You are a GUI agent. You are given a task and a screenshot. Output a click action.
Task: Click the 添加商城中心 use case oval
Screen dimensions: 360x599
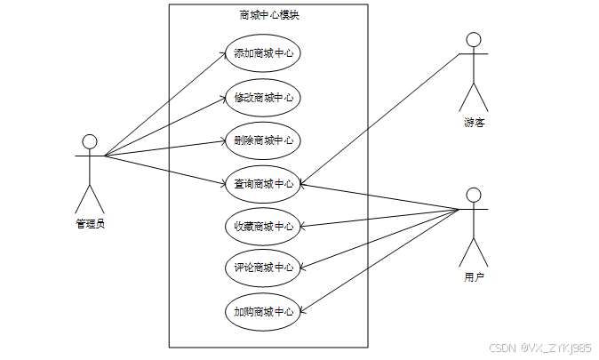click(262, 53)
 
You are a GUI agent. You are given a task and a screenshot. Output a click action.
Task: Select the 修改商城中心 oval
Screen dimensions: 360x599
click(262, 97)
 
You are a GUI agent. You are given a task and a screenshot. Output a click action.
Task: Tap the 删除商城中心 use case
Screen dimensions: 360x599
click(262, 140)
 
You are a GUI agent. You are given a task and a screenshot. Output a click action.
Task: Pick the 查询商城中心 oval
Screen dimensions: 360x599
click(262, 184)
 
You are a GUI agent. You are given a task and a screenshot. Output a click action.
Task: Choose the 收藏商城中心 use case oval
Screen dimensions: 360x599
click(262, 226)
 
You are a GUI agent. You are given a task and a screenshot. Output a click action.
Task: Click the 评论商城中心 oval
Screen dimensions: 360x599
click(262, 268)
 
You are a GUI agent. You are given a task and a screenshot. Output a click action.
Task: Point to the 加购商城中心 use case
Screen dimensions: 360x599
click(262, 311)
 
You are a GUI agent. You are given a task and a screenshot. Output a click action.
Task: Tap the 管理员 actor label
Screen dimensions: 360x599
click(90, 223)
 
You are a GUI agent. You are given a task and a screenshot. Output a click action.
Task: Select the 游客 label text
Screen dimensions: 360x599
click(474, 123)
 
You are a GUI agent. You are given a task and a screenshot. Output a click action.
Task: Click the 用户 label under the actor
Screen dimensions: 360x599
click(474, 277)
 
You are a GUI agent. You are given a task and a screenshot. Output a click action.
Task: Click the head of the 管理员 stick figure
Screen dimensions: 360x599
click(89, 141)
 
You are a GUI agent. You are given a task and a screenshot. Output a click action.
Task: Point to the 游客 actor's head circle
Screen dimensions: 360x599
click(474, 39)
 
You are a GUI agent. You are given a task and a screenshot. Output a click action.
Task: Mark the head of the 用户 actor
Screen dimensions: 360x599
click(474, 195)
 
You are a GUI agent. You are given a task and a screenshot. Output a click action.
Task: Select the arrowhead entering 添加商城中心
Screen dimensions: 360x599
click(223, 54)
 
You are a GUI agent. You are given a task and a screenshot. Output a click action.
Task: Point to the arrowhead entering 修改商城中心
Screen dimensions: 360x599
click(223, 98)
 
